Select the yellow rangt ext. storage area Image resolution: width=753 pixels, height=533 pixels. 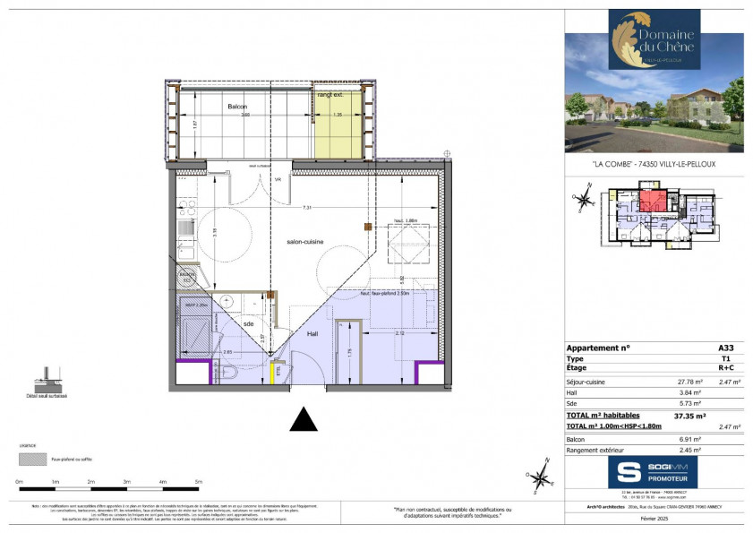pos(338,121)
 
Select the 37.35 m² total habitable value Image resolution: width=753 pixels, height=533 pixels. pos(689,416)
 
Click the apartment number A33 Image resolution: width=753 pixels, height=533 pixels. pos(725,348)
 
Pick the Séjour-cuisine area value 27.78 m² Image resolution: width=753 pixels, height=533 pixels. pos(689,382)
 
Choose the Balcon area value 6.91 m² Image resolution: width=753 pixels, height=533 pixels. pos(689,440)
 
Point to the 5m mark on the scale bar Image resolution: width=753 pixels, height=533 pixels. pos(199,482)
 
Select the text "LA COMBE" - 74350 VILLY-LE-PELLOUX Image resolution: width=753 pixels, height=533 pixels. pos(654,164)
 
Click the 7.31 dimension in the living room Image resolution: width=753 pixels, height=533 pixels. pos(307,208)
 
